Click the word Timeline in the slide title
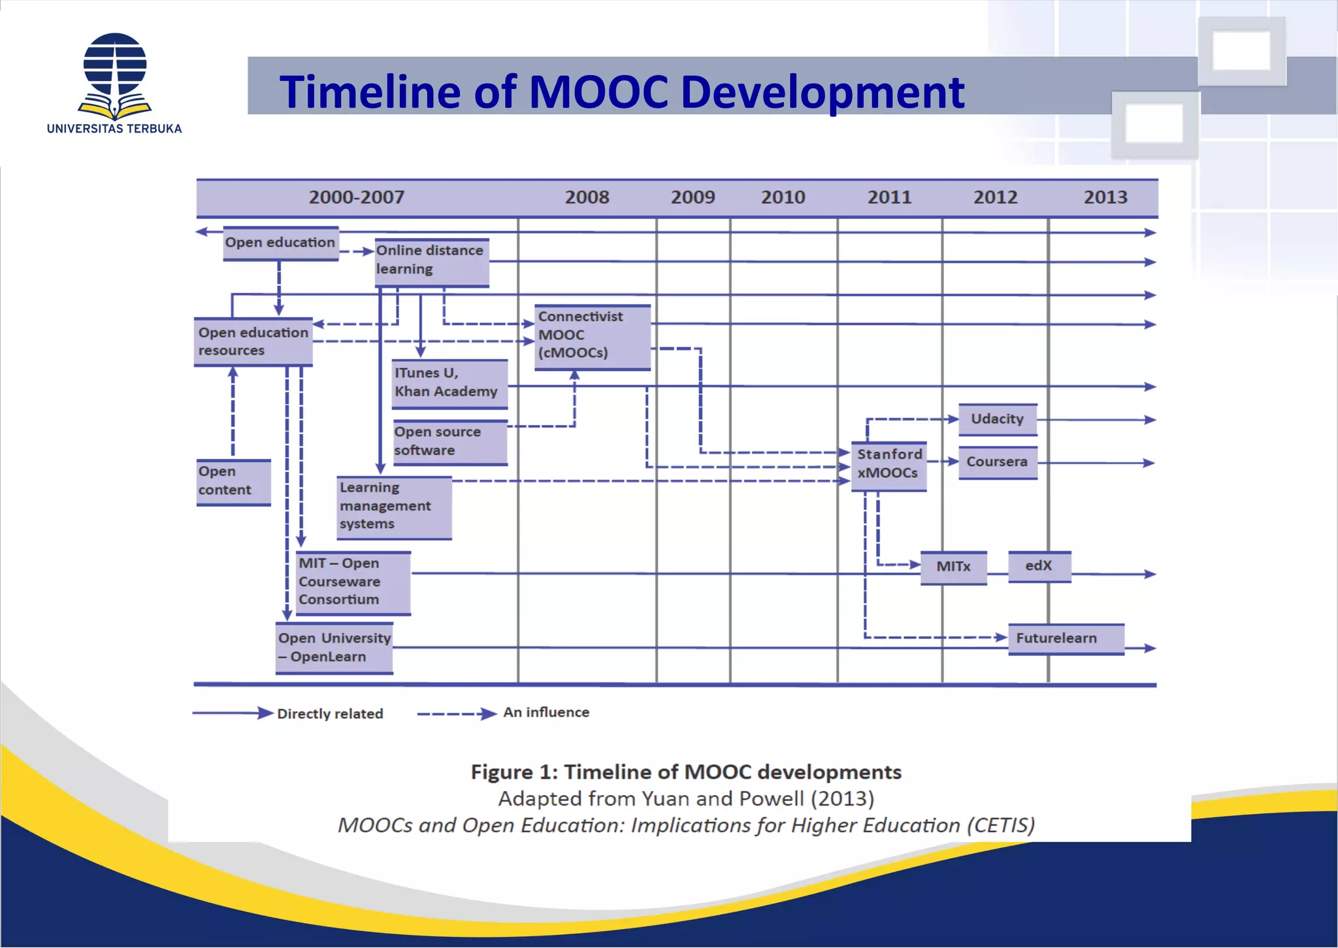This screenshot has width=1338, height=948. click(371, 92)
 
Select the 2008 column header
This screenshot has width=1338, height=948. click(587, 197)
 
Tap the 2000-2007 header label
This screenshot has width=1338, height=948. click(357, 197)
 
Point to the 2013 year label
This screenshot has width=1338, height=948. click(1105, 197)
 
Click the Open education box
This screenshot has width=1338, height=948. click(280, 243)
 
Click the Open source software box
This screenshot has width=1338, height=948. click(449, 442)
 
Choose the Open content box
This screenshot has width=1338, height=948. click(233, 482)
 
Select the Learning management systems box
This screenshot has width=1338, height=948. click(393, 507)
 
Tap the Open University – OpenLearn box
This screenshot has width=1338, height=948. click(334, 648)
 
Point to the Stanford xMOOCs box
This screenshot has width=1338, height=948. click(889, 465)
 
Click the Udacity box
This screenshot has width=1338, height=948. click(997, 420)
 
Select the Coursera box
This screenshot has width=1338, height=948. click(997, 463)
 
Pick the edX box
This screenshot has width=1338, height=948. click(1039, 566)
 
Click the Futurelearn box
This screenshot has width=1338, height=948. click(1065, 639)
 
